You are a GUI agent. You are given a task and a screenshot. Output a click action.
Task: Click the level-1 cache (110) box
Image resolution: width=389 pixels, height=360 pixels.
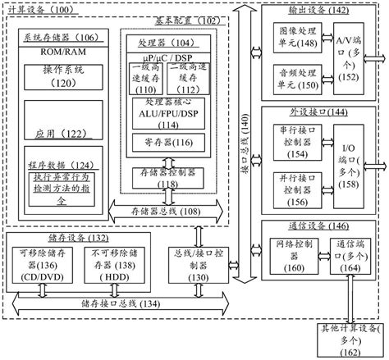(149, 81)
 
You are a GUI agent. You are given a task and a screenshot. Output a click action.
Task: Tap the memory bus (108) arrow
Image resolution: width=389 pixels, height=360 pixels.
(164, 211)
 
